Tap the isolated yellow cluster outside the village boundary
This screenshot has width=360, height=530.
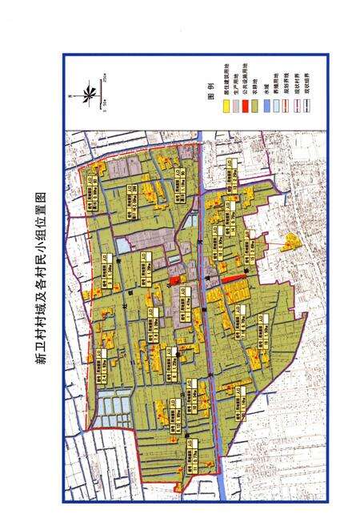tap(289, 241)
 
